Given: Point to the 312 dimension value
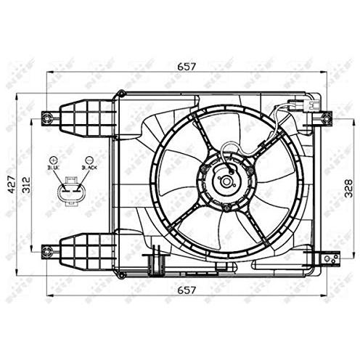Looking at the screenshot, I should (x=27, y=183).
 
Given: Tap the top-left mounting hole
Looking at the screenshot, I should (x=48, y=117).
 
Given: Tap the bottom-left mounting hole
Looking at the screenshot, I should (x=48, y=251).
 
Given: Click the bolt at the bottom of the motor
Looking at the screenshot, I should (x=226, y=209).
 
